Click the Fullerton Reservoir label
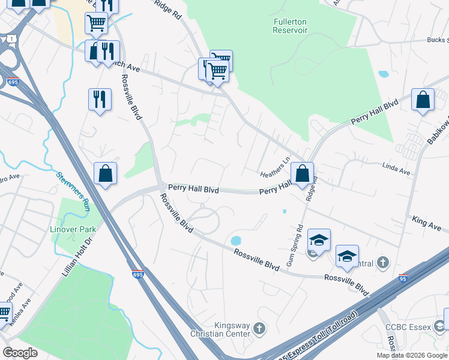290,25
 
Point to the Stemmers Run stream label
73,191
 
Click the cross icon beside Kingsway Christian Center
259,328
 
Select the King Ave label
427,224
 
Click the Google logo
20,352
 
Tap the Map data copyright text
412,355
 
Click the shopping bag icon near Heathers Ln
303,173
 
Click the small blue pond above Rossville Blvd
235,241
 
